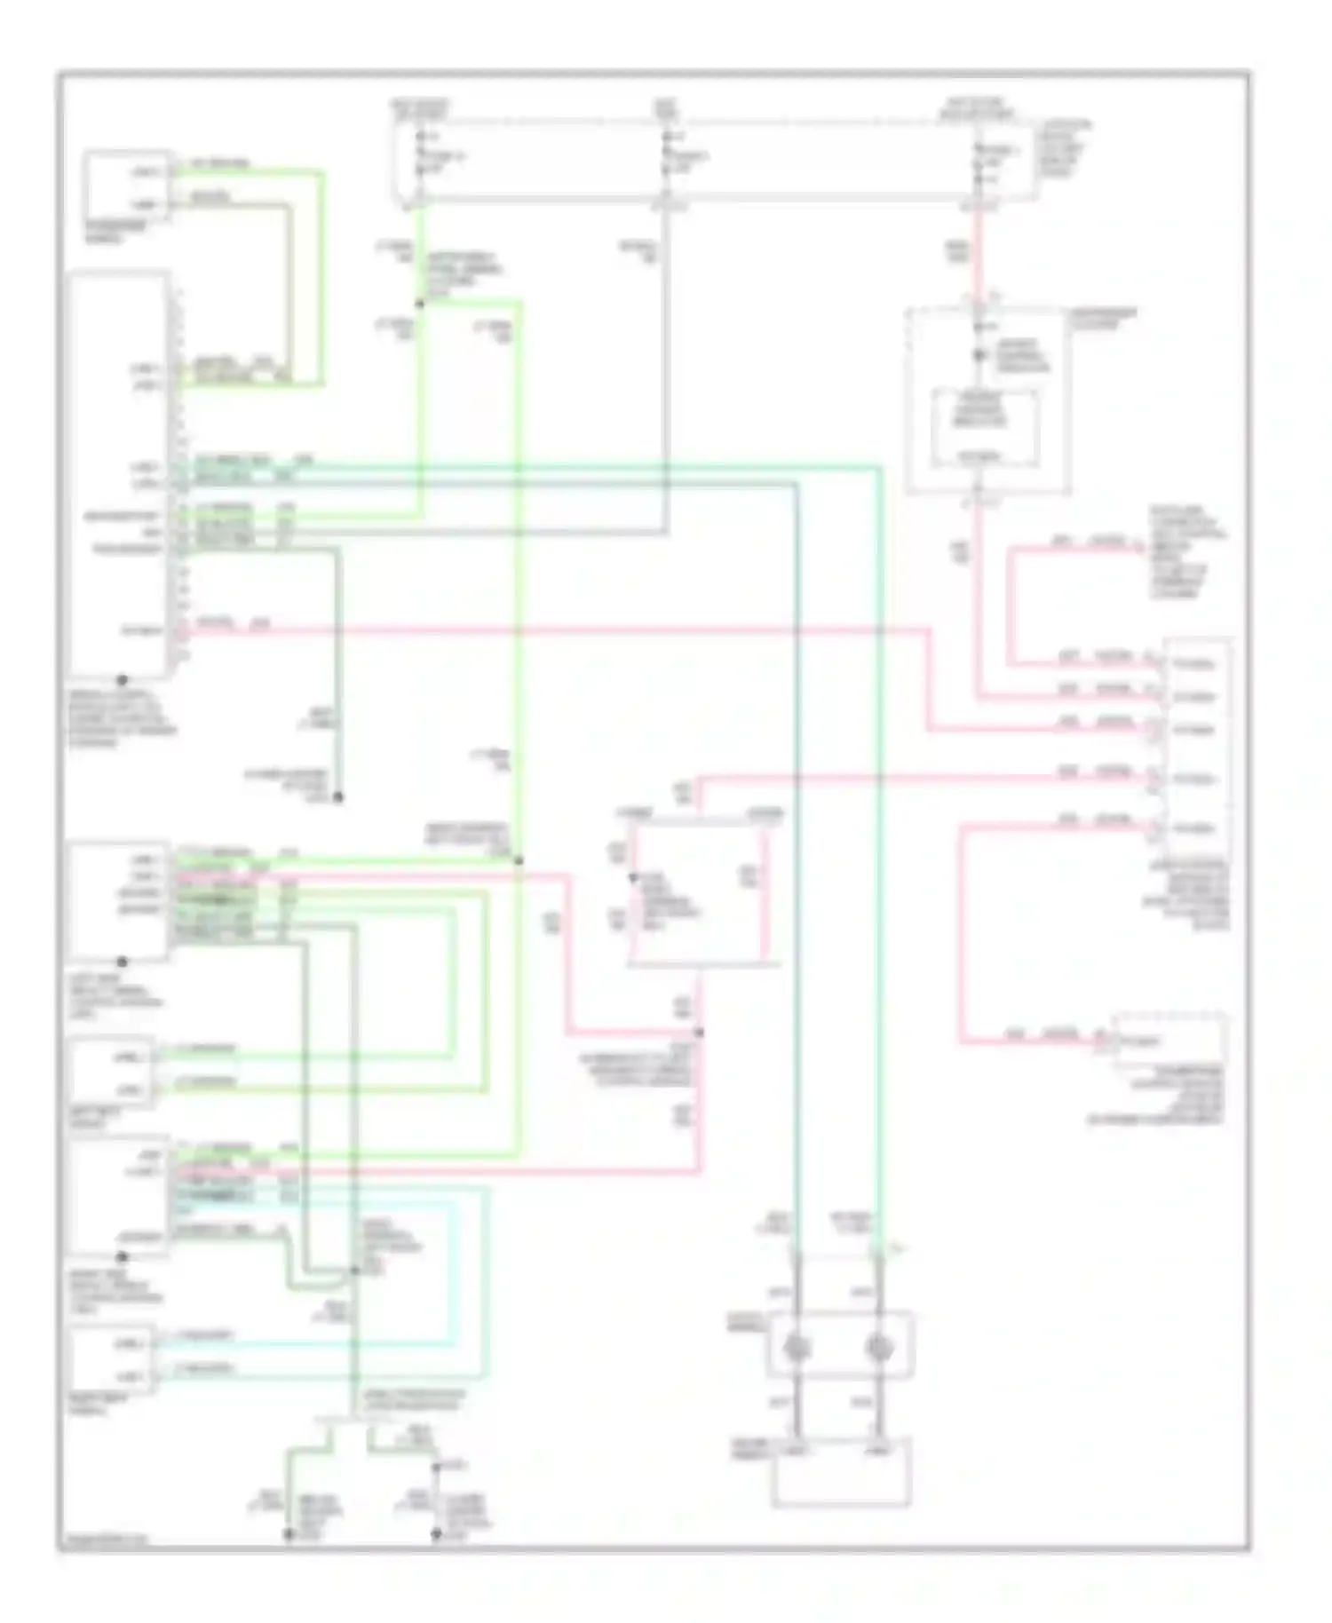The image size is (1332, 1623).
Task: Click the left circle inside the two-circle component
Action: (x=797, y=1349)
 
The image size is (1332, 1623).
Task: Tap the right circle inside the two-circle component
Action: (x=879, y=1349)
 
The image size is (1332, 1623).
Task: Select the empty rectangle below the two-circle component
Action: (x=841, y=1474)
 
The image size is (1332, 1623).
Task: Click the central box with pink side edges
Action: (x=698, y=892)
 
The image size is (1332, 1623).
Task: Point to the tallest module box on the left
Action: (x=118, y=475)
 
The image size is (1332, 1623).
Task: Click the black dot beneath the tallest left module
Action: (x=123, y=680)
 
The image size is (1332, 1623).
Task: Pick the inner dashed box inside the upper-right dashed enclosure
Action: (x=983, y=428)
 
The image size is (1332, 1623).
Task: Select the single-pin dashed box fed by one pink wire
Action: (x=1169, y=1039)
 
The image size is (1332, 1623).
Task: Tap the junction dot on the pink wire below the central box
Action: (x=699, y=1033)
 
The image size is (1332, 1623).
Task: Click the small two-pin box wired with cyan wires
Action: (x=113, y=1358)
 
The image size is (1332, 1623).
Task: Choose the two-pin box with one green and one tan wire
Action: (x=127, y=187)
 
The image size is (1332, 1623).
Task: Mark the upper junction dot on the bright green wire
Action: (x=420, y=304)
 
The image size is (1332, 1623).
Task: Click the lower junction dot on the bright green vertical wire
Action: (x=519, y=860)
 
